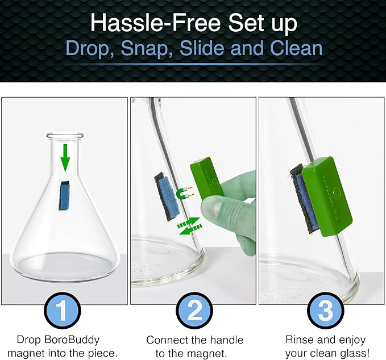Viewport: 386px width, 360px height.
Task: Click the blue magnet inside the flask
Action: pos(65,194)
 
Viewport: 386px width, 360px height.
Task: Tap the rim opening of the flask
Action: pos(65,136)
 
